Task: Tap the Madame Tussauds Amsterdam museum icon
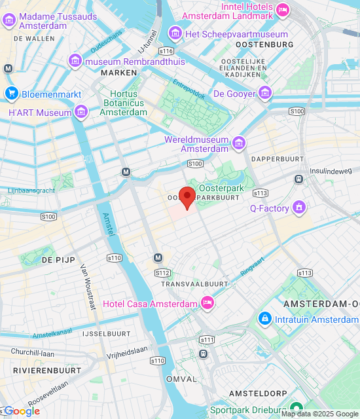pos(9,20)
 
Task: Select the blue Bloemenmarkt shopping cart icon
pos(11,94)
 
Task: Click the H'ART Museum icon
pos(81,113)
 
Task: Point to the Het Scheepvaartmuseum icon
pos(175,34)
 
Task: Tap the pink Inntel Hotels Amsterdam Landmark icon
pos(283,9)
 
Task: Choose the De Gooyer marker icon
pos(264,94)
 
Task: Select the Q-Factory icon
pos(300,209)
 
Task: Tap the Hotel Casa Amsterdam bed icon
pos(207,303)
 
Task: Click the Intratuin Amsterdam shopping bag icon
pos(264,319)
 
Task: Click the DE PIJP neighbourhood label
pos(56,260)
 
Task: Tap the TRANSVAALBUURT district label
pos(194,283)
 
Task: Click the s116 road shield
pos(166,50)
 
